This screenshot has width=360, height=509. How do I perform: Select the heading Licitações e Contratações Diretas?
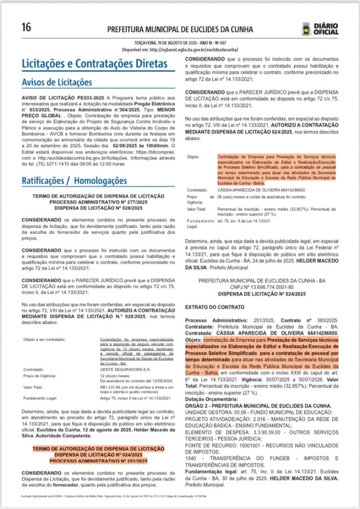(x=94, y=64)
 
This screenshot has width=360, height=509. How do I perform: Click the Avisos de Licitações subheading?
(x=57, y=82)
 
